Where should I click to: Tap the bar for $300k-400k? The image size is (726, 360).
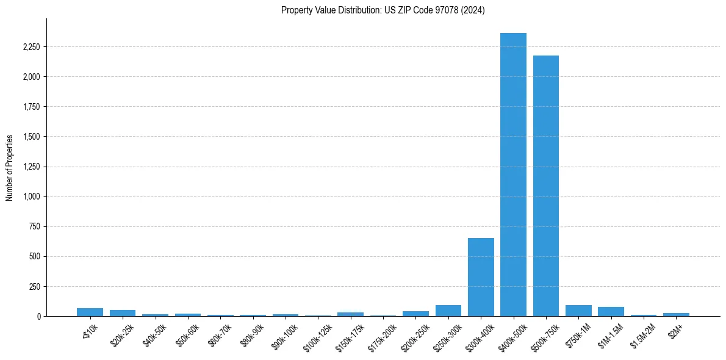pos(481,277)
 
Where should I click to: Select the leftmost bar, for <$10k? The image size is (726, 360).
pos(90,312)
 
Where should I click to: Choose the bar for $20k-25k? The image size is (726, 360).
pos(123,313)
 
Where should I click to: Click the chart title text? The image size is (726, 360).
pos(383,10)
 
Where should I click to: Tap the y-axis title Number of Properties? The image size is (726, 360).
pos(10,168)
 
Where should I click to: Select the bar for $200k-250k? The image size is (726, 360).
pos(415,314)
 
